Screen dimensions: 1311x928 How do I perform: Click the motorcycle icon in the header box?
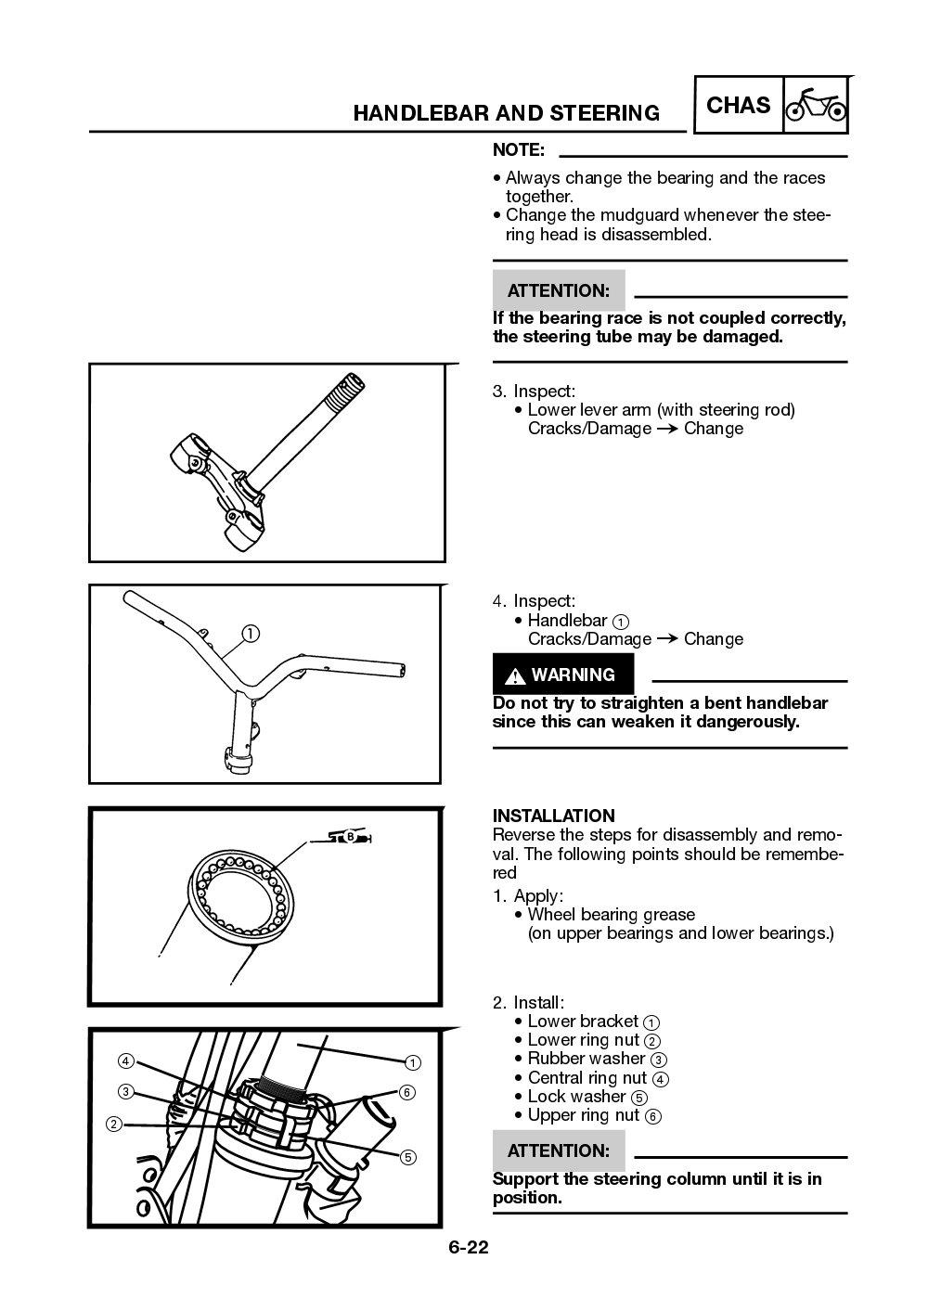816,106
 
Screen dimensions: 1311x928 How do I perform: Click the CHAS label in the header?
739,106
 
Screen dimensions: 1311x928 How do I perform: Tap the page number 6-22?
469,1248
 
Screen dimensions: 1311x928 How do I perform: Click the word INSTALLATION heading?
553,816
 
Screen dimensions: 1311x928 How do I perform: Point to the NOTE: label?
518,150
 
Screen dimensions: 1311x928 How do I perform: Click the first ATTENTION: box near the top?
558,290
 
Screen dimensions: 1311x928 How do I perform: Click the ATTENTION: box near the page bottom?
558,1150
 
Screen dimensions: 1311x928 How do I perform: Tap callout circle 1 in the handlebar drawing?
251,635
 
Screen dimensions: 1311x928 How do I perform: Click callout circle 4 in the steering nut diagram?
125,1060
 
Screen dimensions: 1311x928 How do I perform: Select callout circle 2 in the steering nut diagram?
113,1125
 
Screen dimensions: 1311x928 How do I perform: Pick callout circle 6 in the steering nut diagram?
406,1092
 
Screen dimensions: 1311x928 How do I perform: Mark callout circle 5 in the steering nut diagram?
407,1157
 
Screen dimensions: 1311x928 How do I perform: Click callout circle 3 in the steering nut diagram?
125,1092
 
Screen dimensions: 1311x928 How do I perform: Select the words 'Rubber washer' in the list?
586,1059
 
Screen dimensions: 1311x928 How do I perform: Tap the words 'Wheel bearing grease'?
611,914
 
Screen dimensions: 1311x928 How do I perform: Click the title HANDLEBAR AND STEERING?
506,113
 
